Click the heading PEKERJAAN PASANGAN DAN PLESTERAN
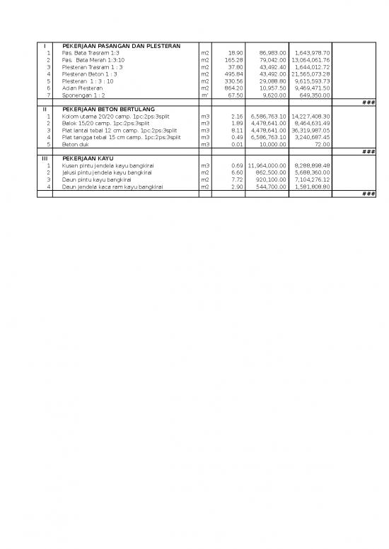(120, 45)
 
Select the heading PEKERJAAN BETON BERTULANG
(110, 109)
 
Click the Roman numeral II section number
(45, 109)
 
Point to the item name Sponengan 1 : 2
(84, 95)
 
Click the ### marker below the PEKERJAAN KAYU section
(368, 194)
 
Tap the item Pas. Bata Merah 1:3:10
(93, 59)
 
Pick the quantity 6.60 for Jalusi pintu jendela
(237, 172)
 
